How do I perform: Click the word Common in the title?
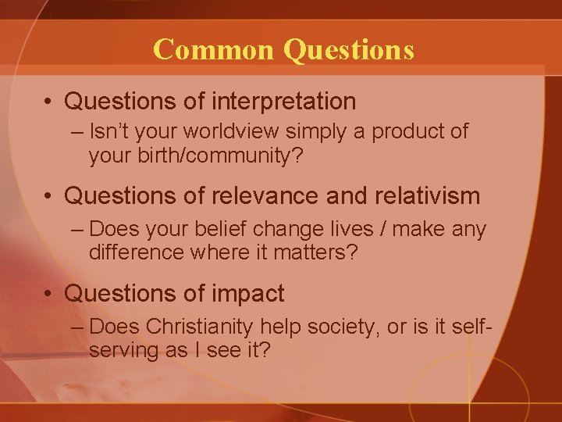(215, 49)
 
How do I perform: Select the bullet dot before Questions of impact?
(48, 295)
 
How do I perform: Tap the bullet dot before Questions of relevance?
(48, 196)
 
